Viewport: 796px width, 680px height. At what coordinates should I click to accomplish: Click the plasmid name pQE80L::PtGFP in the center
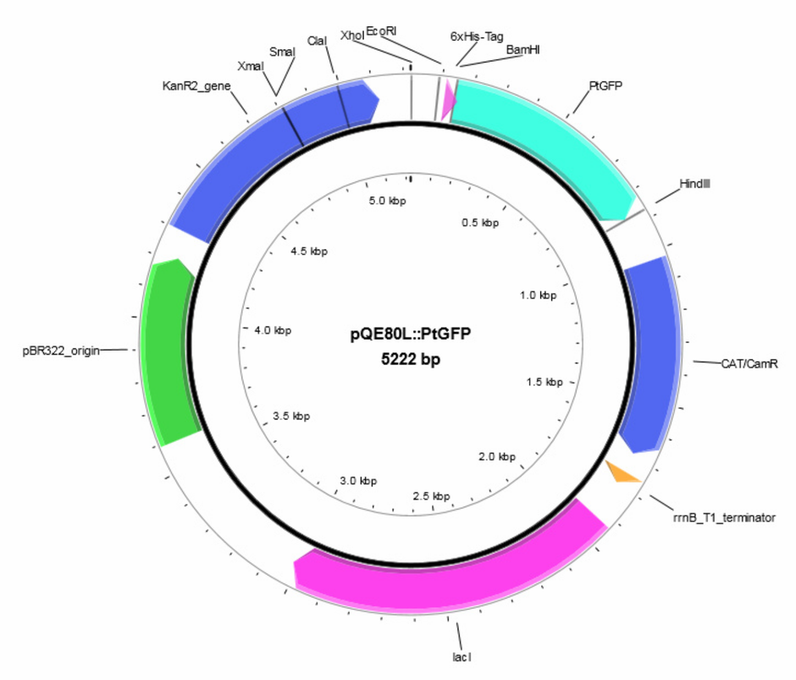[x=410, y=334]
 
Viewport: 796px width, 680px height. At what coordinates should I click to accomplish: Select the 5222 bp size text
[x=410, y=359]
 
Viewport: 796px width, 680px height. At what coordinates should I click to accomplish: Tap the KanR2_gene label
[x=196, y=86]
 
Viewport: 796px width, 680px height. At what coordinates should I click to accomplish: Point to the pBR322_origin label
[x=61, y=351]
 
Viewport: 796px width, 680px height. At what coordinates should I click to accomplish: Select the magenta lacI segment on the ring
[x=447, y=579]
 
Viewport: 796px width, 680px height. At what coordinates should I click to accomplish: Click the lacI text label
[x=462, y=656]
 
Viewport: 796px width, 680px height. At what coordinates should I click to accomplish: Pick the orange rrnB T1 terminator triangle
[x=622, y=472]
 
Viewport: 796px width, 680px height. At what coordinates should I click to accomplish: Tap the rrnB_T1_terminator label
[x=724, y=517]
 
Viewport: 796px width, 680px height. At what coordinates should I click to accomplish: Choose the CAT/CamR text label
[x=749, y=363]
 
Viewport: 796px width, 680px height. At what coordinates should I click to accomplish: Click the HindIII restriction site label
[x=694, y=183]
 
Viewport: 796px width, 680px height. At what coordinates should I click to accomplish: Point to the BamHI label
[x=522, y=50]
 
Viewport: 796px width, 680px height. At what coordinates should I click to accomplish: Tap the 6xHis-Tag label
[x=477, y=36]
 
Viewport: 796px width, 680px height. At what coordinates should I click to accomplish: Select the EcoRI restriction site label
[x=381, y=31]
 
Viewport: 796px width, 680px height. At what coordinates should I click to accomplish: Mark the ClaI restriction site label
[x=317, y=41]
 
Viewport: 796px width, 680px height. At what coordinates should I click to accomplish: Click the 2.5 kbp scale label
[x=431, y=495]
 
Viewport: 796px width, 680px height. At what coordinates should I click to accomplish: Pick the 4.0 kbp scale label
[x=273, y=330]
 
